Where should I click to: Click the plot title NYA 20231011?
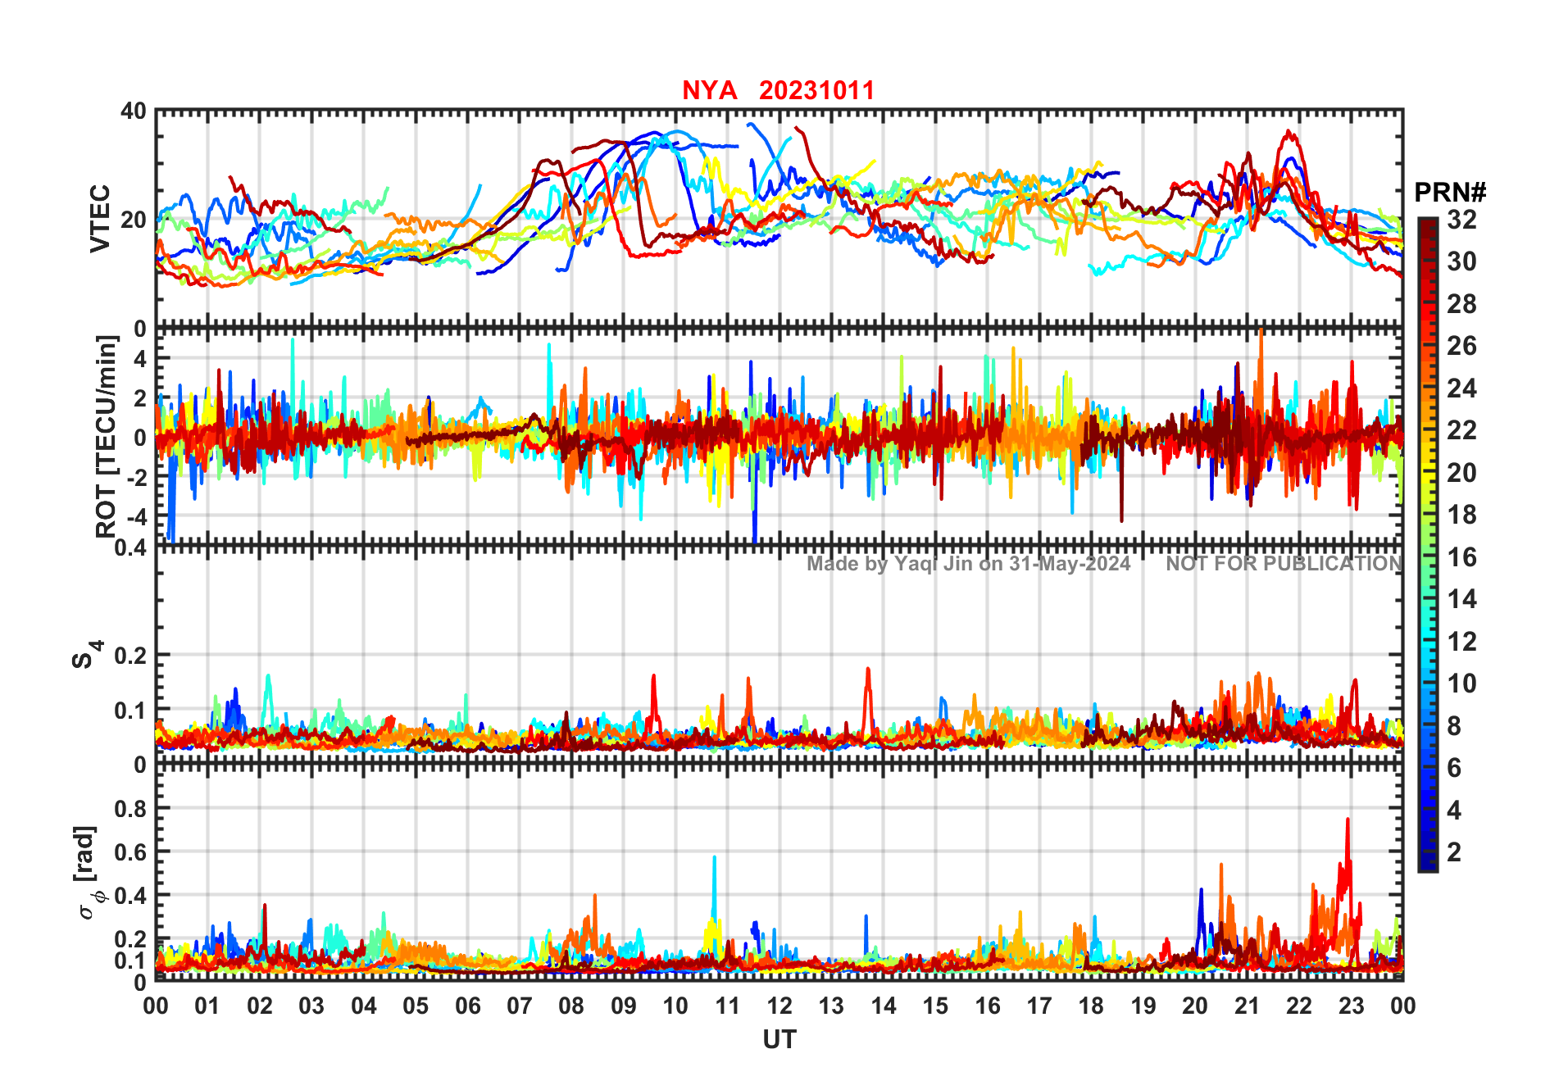pyautogui.click(x=778, y=90)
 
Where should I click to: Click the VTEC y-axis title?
pyautogui.click(x=100, y=219)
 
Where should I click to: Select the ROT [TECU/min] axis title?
pyautogui.click(x=107, y=436)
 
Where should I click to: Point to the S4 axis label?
pyautogui.click(x=85, y=655)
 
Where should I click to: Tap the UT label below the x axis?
pyautogui.click(x=779, y=1040)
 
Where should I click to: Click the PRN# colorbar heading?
pyautogui.click(x=1449, y=193)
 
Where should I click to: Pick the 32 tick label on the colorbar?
pyautogui.click(x=1461, y=220)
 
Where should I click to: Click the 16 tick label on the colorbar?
pyautogui.click(x=1461, y=557)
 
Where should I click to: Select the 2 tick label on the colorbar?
pyautogui.click(x=1454, y=852)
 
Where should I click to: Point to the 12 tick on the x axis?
pyautogui.click(x=779, y=1006)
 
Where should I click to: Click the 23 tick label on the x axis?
pyautogui.click(x=1351, y=1006)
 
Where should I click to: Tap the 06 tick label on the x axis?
pyautogui.click(x=468, y=1006)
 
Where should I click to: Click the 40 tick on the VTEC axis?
pyautogui.click(x=134, y=111)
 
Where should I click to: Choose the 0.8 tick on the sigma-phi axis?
pyautogui.click(x=130, y=808)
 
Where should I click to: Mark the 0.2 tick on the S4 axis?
pyautogui.click(x=130, y=656)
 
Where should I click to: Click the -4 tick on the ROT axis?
pyautogui.click(x=135, y=517)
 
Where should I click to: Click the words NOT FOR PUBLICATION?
pyautogui.click(x=1284, y=564)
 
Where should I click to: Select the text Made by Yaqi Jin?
pyautogui.click(x=889, y=564)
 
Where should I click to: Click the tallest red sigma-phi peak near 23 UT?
pyautogui.click(x=1348, y=820)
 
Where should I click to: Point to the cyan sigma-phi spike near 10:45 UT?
pyautogui.click(x=714, y=859)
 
